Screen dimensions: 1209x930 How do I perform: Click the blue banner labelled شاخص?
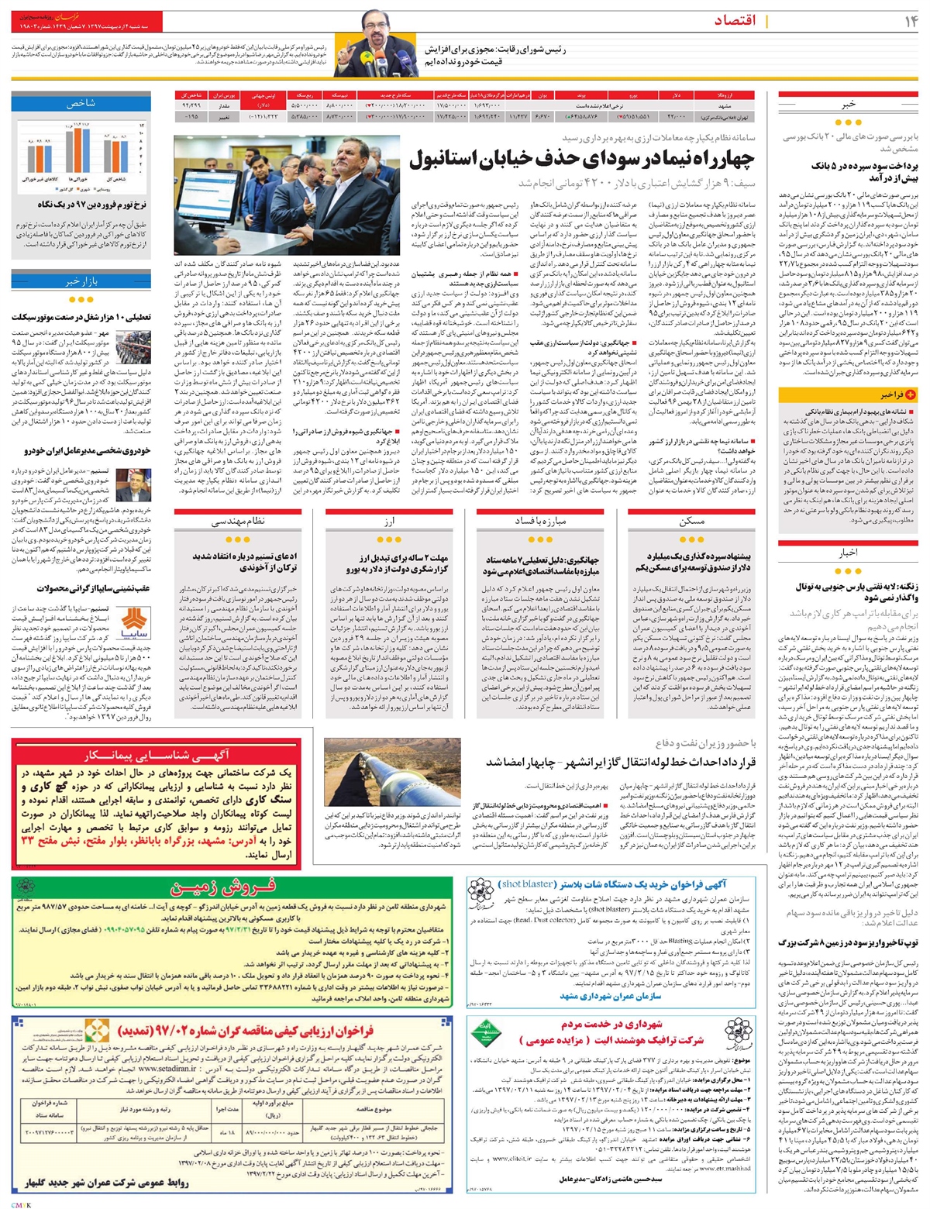81,102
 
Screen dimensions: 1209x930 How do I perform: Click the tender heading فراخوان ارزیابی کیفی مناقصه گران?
246,1031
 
